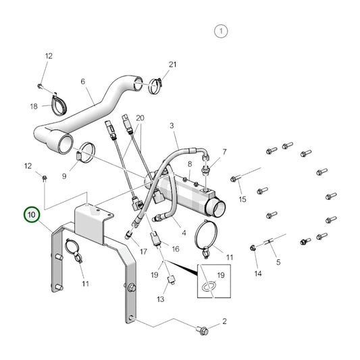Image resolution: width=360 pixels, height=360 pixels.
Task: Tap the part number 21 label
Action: click(172, 64)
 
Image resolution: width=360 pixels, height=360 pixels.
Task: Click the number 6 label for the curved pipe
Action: click(83, 82)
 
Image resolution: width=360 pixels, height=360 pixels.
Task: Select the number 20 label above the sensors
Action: click(139, 118)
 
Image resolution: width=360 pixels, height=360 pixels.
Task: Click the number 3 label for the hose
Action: click(172, 126)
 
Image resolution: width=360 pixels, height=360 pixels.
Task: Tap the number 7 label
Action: click(225, 152)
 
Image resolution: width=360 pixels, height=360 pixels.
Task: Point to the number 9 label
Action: click(64, 177)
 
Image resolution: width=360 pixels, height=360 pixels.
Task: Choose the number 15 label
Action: click(242, 199)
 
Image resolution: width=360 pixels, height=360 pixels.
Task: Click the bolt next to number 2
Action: click(203, 330)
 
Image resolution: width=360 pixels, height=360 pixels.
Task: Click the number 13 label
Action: click(161, 299)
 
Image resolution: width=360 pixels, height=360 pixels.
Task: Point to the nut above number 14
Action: click(254, 248)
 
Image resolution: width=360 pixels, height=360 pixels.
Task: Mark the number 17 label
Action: click(143, 252)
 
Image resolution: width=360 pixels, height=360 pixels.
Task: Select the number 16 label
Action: click(176, 249)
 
